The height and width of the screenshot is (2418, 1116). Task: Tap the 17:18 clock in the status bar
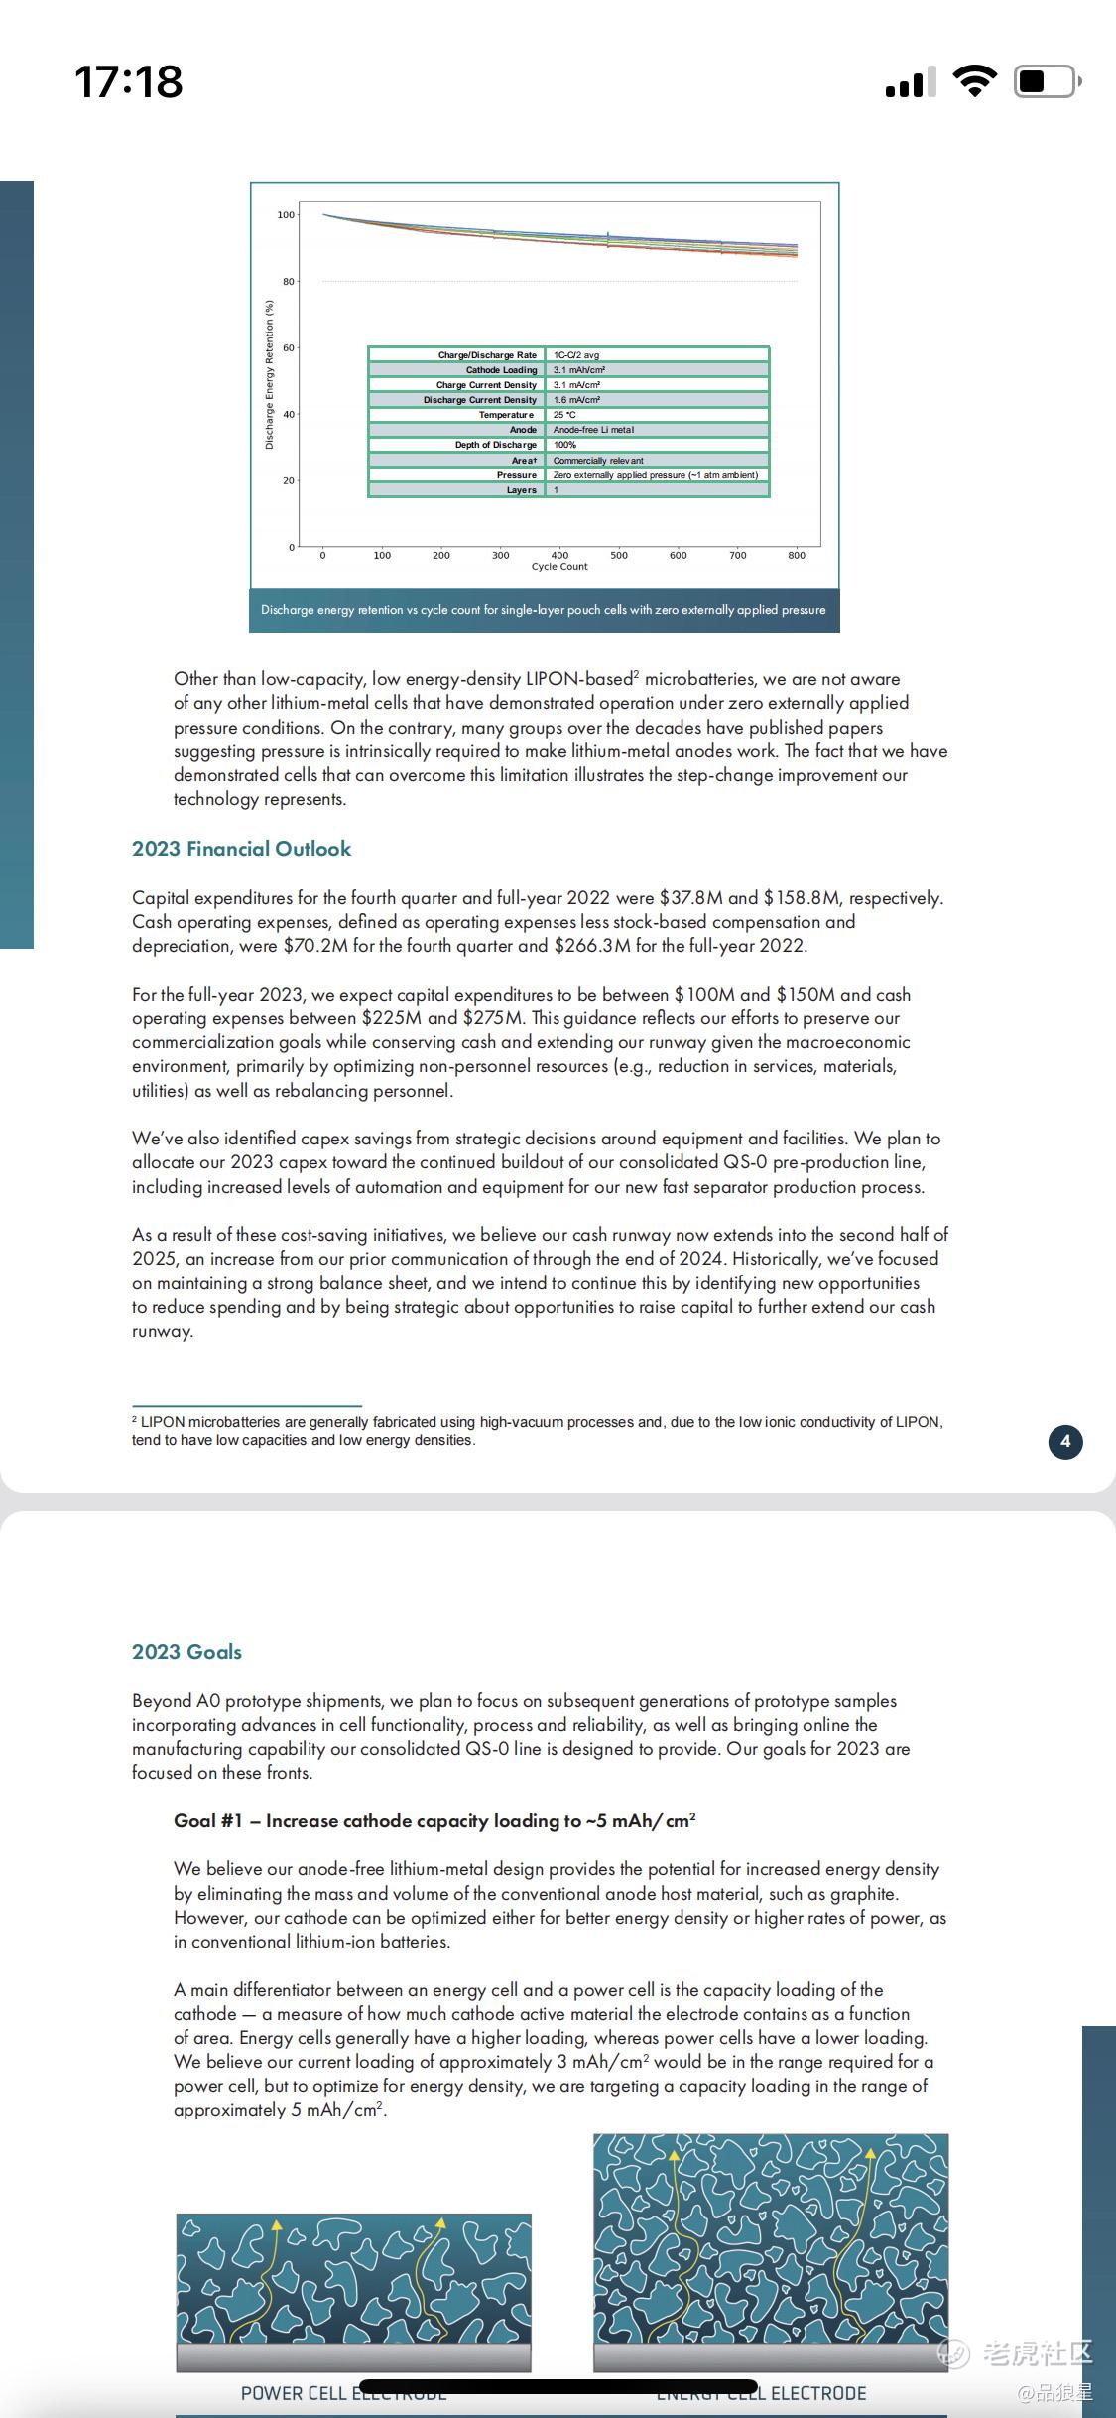coord(129,81)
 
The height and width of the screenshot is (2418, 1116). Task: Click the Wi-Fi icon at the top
coord(974,81)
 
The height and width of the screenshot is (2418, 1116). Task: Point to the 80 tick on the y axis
coord(288,282)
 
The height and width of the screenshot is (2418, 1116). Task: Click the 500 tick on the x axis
coord(619,556)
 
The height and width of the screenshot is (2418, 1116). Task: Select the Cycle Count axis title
coord(559,567)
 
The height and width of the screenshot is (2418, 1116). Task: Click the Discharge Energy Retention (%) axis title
coord(269,376)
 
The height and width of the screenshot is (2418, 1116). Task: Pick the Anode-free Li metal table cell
coord(593,430)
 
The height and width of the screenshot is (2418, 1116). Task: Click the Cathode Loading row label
coord(501,370)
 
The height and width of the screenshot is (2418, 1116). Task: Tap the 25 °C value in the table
coord(564,415)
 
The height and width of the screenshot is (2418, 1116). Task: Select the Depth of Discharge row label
coord(495,445)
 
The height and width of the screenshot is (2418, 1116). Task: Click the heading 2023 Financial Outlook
coord(242,849)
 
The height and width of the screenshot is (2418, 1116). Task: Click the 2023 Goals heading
coord(187,1652)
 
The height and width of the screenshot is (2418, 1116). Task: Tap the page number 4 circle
coord(1065,1442)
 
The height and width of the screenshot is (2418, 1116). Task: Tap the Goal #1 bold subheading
coord(434,1820)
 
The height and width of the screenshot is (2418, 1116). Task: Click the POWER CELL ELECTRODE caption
coord(343,2393)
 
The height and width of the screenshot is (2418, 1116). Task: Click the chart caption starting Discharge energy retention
coord(544,610)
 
